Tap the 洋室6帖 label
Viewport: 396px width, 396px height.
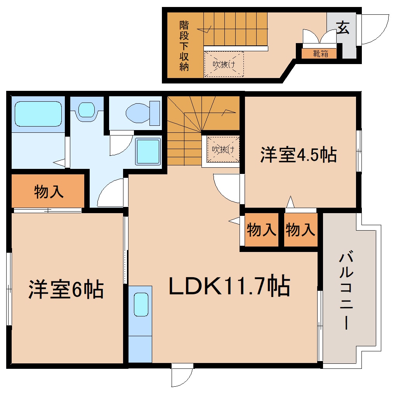(x=66, y=290)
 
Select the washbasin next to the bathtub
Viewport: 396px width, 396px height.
(x=86, y=109)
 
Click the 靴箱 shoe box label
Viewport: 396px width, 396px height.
(x=321, y=54)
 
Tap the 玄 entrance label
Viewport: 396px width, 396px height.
(x=342, y=29)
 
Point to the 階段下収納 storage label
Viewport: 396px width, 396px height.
(x=184, y=46)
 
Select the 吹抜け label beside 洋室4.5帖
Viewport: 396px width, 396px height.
(x=222, y=149)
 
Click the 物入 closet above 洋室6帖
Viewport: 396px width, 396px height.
(x=49, y=192)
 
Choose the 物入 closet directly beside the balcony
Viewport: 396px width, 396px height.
(x=300, y=230)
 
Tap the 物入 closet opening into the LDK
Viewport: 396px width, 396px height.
(x=261, y=230)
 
